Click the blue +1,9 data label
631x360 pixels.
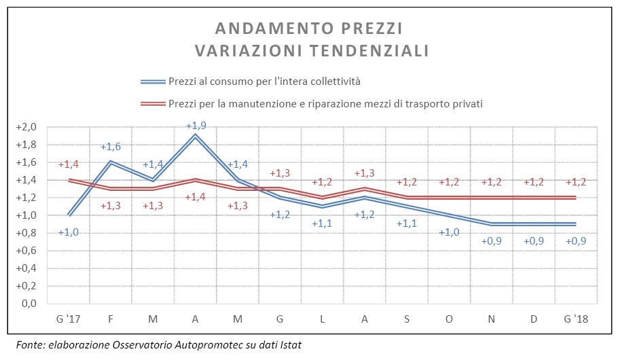point(196,126)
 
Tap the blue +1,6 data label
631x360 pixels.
point(110,147)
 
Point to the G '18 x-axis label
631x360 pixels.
point(576,319)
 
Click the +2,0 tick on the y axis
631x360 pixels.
point(26,127)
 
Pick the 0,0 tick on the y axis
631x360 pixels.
point(29,304)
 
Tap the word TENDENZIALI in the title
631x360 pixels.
point(369,51)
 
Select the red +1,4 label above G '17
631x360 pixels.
point(69,164)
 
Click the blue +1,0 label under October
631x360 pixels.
point(449,232)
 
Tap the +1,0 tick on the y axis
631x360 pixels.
point(26,215)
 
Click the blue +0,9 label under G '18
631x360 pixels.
point(575,241)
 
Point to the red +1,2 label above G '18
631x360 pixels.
point(575,182)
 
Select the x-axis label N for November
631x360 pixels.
point(491,319)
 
